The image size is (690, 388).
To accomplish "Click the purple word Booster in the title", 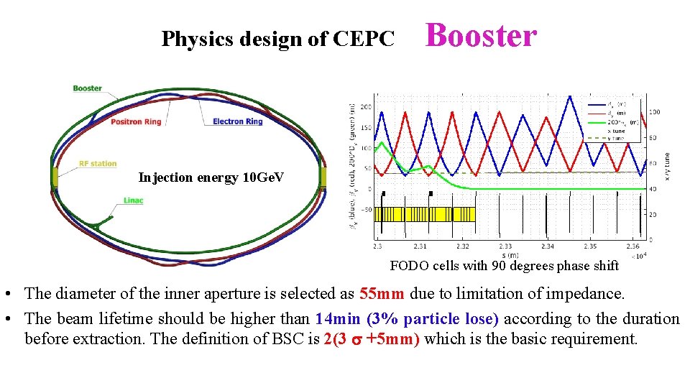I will coord(481,36).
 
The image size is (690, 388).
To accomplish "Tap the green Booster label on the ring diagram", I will coord(87,88).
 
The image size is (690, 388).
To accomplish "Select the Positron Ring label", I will coord(136,121).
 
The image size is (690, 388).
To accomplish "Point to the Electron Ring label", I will coord(238,121).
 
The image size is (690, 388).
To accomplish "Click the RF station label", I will coord(98,164).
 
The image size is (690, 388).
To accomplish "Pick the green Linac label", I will coord(132,200).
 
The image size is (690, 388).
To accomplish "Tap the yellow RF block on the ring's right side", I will coord(323,177).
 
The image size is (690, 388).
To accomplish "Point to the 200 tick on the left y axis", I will coord(366,106).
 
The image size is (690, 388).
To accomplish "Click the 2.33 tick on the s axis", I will coord(506,246).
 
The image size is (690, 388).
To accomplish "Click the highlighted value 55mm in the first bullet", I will coord(383,293).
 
